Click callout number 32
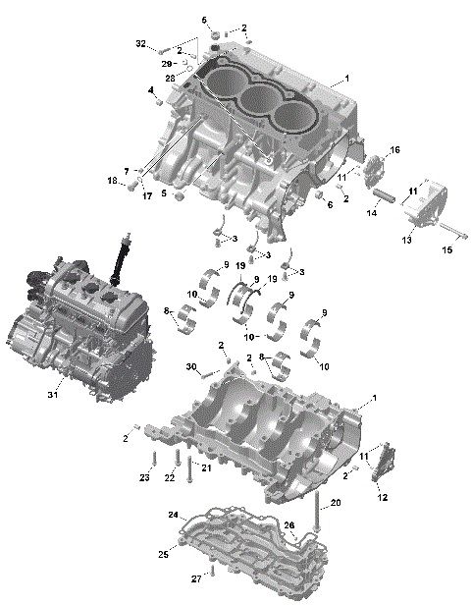click(x=140, y=44)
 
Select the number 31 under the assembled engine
click(x=54, y=395)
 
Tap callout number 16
click(x=394, y=150)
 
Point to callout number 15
click(x=447, y=250)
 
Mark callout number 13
click(x=405, y=240)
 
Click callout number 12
click(x=382, y=498)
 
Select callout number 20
click(x=335, y=503)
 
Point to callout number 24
click(x=173, y=515)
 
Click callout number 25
click(x=165, y=555)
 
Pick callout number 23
click(x=144, y=478)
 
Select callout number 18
click(x=112, y=181)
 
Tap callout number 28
click(x=169, y=77)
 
